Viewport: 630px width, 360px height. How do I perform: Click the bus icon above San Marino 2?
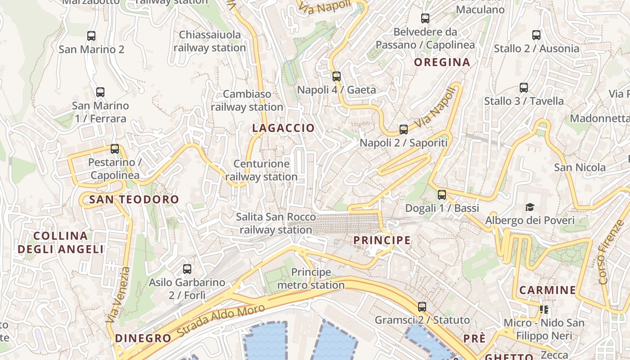click(91, 36)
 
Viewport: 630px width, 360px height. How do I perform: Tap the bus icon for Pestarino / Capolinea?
click(115, 149)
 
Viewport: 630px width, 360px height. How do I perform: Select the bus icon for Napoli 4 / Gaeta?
click(336, 76)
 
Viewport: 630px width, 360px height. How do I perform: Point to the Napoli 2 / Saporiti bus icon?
click(403, 130)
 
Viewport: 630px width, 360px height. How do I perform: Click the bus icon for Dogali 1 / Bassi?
click(442, 195)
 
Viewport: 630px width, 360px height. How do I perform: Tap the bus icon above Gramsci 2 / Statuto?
click(422, 307)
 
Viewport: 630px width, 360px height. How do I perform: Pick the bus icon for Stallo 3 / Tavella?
click(523, 88)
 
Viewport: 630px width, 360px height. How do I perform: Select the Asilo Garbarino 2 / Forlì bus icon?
click(187, 269)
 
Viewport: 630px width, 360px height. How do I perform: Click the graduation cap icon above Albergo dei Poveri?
click(530, 207)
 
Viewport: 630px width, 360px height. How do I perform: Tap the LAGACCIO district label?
click(283, 128)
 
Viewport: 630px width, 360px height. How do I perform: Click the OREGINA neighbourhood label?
click(442, 63)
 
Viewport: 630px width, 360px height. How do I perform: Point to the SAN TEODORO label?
click(134, 199)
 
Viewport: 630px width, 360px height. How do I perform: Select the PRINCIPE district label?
click(382, 240)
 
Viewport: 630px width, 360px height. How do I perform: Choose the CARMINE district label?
click(547, 290)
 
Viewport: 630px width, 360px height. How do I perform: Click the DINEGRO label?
click(143, 338)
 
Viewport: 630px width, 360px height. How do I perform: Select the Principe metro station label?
click(311, 279)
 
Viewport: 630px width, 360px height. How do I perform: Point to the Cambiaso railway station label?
click(247, 100)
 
